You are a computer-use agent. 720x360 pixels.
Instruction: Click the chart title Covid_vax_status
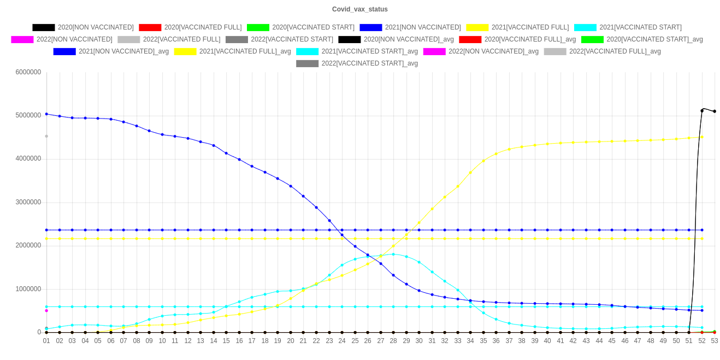tap(360, 9)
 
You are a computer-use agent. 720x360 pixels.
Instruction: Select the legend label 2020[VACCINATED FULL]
tap(203, 27)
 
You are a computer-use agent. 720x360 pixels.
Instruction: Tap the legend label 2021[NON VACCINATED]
tap(423, 27)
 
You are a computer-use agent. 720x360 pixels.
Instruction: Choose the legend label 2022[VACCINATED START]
tap(292, 39)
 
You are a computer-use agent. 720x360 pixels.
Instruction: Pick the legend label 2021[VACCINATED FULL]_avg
tap(245, 51)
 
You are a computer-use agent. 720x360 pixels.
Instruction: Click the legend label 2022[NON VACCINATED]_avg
tap(493, 51)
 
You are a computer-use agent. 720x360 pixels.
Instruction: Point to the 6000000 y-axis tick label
tap(28, 72)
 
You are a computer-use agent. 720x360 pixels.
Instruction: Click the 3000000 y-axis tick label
tap(28, 202)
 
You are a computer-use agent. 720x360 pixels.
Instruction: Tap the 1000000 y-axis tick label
tap(28, 289)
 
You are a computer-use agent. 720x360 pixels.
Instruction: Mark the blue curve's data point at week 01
tap(46, 114)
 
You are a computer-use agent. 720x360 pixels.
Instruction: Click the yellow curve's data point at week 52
tap(701, 137)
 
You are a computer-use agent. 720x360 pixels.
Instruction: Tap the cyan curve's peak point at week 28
tap(393, 254)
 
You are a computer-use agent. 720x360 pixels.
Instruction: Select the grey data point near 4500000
tap(46, 136)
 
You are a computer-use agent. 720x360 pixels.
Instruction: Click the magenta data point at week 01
tap(46, 310)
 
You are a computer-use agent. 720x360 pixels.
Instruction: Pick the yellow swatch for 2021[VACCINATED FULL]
tap(477, 27)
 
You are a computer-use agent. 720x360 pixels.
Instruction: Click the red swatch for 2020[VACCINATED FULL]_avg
tap(470, 39)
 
